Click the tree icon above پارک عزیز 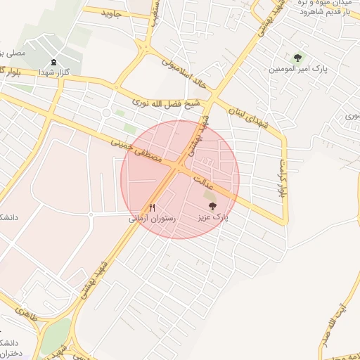pos(212,206)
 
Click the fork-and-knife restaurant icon pos(152,207)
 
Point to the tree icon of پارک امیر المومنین pos(297,58)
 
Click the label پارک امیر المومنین pos(298,70)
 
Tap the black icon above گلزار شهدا pos(53,62)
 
